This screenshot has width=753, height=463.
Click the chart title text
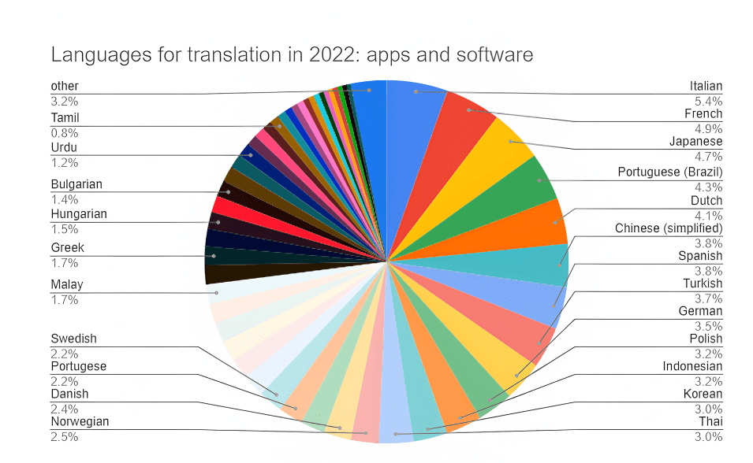tap(292, 54)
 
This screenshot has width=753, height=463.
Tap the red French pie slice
tap(461, 126)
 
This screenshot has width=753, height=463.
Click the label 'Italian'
tap(706, 86)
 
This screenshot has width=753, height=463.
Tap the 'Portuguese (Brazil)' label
tap(669, 172)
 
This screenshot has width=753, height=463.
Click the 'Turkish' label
tap(703, 283)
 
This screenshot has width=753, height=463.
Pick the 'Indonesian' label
tap(692, 366)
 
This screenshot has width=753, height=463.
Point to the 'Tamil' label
tap(65, 117)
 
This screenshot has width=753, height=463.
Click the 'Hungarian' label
tap(78, 213)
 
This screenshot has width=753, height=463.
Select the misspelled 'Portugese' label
tap(78, 366)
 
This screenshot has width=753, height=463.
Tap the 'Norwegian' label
tap(80, 421)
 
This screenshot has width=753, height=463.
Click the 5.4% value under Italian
tap(709, 100)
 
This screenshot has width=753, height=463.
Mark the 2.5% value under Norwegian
tap(64, 435)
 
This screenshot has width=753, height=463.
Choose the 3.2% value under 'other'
tap(64, 100)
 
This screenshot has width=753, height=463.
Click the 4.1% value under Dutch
tap(709, 214)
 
